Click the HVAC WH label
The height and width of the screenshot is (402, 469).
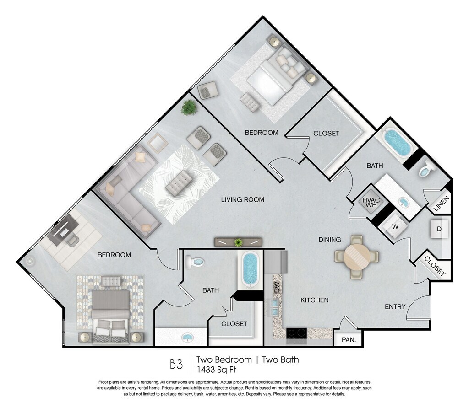click(371, 202)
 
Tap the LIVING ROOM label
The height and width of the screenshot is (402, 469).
click(243, 199)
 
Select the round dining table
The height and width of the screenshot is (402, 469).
click(356, 257)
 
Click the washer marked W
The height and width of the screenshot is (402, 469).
click(395, 227)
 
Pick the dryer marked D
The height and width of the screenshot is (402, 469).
click(439, 229)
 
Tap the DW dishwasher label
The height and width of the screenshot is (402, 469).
click(277, 287)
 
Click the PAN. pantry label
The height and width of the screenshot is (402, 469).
click(349, 340)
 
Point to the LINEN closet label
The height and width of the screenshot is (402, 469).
click(441, 204)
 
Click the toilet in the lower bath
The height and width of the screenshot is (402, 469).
click(195, 262)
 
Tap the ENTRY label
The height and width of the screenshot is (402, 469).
click(395, 306)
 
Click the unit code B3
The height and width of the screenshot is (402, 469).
click(176, 364)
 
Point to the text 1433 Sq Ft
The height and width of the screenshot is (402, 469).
click(216, 370)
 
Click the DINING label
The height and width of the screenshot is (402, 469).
click(330, 240)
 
